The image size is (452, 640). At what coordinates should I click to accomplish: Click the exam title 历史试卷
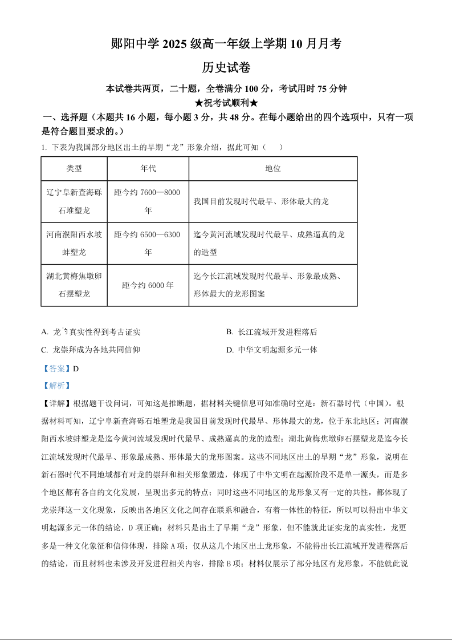pyautogui.click(x=226, y=67)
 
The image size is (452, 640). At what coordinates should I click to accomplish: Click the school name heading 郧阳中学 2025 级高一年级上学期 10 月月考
pyautogui.click(x=226, y=44)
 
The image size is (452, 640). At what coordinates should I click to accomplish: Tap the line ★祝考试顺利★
pyautogui.click(x=226, y=103)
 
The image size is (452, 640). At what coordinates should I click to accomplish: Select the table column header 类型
pyautogui.click(x=74, y=168)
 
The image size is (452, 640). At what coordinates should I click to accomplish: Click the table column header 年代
pyautogui.click(x=148, y=168)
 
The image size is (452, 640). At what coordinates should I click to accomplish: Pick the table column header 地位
pyautogui.click(x=272, y=168)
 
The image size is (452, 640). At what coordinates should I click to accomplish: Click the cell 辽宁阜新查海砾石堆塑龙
pyautogui.click(x=74, y=201)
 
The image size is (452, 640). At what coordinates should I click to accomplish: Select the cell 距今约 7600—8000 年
pyautogui.click(x=148, y=201)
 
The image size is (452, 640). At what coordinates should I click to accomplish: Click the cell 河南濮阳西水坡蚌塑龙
pyautogui.click(x=74, y=243)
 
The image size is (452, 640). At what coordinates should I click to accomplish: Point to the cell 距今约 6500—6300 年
pyautogui.click(x=148, y=243)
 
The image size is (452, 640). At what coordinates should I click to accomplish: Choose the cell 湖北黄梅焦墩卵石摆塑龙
pyautogui.click(x=74, y=285)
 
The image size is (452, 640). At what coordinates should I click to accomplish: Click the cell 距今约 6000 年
pyautogui.click(x=148, y=285)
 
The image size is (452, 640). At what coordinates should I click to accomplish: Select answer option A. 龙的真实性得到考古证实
pyautogui.click(x=91, y=332)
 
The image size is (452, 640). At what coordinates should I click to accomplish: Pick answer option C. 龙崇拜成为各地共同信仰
pyautogui.click(x=91, y=350)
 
